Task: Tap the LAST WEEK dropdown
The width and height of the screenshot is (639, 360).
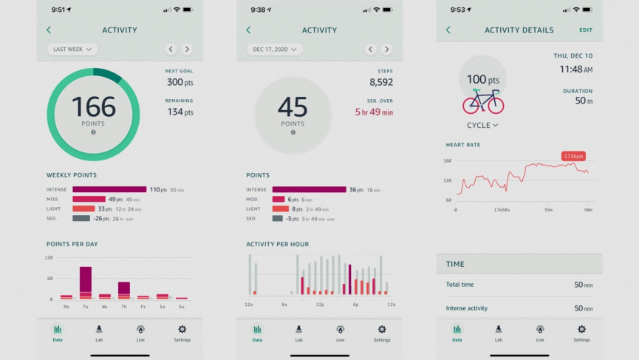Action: (72, 50)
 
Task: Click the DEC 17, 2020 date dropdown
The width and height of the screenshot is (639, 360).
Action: (274, 50)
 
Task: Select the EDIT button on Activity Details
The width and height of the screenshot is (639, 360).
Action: (586, 30)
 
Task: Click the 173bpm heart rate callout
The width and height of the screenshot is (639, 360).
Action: (573, 156)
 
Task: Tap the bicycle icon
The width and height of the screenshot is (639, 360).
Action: (483, 101)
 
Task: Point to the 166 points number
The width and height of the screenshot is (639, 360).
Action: (94, 106)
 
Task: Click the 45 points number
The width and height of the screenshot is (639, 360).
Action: (293, 106)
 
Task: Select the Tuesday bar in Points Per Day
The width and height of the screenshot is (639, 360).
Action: (86, 282)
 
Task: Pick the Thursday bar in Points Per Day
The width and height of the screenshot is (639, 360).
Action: (124, 290)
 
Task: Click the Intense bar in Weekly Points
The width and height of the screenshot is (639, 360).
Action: (109, 190)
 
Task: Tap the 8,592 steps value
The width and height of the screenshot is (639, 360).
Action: (381, 82)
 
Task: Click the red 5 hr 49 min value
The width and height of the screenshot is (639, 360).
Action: (374, 112)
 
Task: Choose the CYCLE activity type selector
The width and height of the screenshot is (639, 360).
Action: (482, 126)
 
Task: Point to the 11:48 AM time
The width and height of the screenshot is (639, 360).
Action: (575, 69)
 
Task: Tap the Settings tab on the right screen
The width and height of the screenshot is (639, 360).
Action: (581, 333)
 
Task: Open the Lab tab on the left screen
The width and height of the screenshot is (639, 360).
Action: (99, 333)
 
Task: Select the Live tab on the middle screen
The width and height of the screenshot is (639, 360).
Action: (340, 333)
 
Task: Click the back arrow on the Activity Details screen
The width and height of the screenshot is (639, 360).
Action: (448, 30)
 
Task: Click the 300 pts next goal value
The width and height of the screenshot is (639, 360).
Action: (180, 82)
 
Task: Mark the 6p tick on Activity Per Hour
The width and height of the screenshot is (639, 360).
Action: (355, 304)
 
